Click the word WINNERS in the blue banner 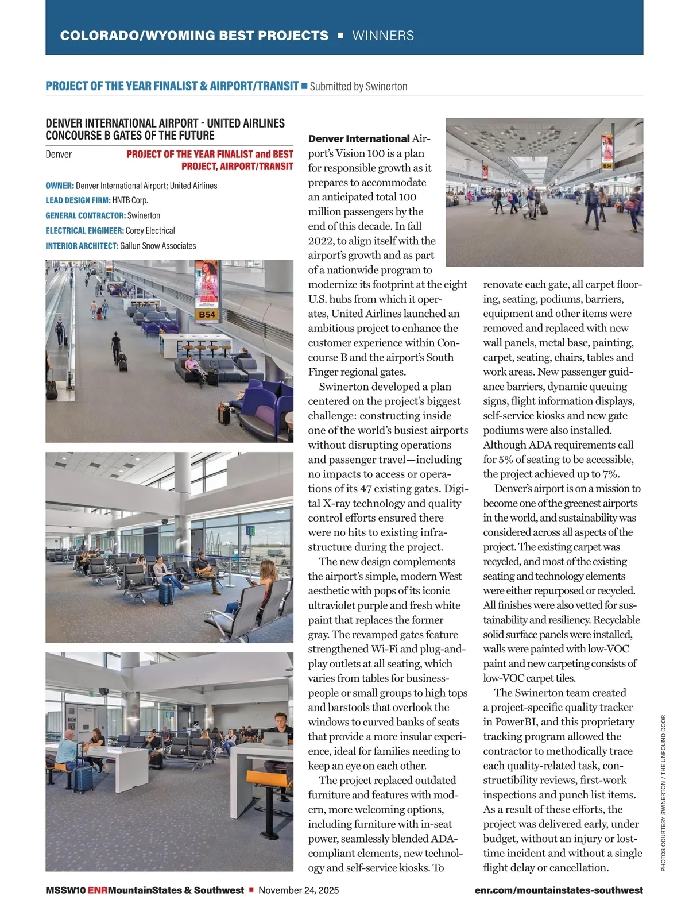(x=383, y=36)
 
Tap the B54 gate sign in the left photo (x=207, y=315)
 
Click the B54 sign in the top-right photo (x=607, y=166)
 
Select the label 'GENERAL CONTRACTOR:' (x=86, y=215)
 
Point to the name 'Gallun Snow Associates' (x=158, y=246)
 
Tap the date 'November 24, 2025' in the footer (x=299, y=890)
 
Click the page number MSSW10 (x=65, y=890)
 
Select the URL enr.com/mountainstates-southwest (x=559, y=890)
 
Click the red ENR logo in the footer (x=98, y=890)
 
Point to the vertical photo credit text (x=663, y=793)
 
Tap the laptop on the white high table (x=276, y=740)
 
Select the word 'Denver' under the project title (x=59, y=154)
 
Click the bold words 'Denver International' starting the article (x=359, y=138)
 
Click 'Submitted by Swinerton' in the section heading (x=358, y=86)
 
